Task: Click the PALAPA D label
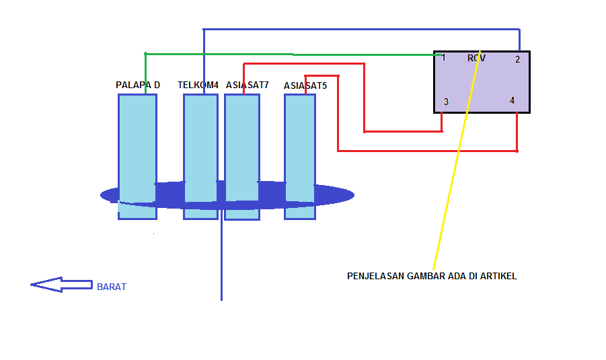(x=138, y=85)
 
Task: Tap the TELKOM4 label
(x=198, y=85)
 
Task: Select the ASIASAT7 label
(x=247, y=85)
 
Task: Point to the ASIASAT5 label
(x=305, y=86)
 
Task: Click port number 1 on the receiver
(x=443, y=58)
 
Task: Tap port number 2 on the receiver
(x=517, y=60)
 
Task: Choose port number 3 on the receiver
(x=446, y=102)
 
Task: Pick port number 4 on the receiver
(x=512, y=101)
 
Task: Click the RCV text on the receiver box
(x=476, y=59)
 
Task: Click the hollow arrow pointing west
(x=61, y=285)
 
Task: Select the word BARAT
(x=112, y=287)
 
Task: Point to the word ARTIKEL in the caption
(x=498, y=276)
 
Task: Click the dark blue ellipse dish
(x=336, y=195)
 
